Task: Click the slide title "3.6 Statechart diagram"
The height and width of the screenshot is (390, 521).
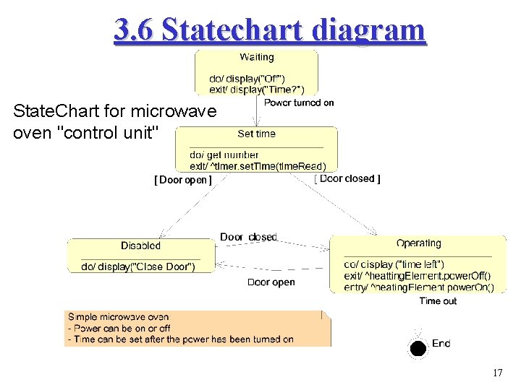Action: pos(270,30)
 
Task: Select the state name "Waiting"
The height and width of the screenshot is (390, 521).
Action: pos(256,57)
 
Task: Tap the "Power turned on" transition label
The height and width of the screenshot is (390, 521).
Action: pos(299,103)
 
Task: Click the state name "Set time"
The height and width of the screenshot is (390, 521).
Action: pos(256,134)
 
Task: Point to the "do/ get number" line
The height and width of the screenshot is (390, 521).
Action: pos(224,155)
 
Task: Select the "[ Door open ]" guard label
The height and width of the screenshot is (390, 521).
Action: pos(183,180)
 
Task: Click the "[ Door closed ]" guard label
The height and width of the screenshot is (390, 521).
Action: pos(348,178)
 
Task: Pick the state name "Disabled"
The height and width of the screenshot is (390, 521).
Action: pos(140,246)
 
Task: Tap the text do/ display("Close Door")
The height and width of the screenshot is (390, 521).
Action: pos(137,266)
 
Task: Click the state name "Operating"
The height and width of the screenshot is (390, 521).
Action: pos(418,243)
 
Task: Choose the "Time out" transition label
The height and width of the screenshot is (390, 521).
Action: pos(438,300)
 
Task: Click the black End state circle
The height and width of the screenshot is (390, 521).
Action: pos(418,349)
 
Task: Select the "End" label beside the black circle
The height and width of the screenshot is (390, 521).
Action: pos(441,343)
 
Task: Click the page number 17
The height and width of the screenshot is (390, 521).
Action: pos(497,373)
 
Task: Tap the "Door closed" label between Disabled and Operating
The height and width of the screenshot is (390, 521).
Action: pos(248,237)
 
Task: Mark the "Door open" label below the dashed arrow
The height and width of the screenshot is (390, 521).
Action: pos(271,282)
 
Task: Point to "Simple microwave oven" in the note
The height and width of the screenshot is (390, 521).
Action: pos(118,317)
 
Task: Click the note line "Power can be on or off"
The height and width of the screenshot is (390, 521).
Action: pos(121,328)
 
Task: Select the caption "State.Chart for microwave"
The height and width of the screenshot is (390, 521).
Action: pos(114,112)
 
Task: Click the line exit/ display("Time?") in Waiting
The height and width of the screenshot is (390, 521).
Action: pos(256,89)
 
